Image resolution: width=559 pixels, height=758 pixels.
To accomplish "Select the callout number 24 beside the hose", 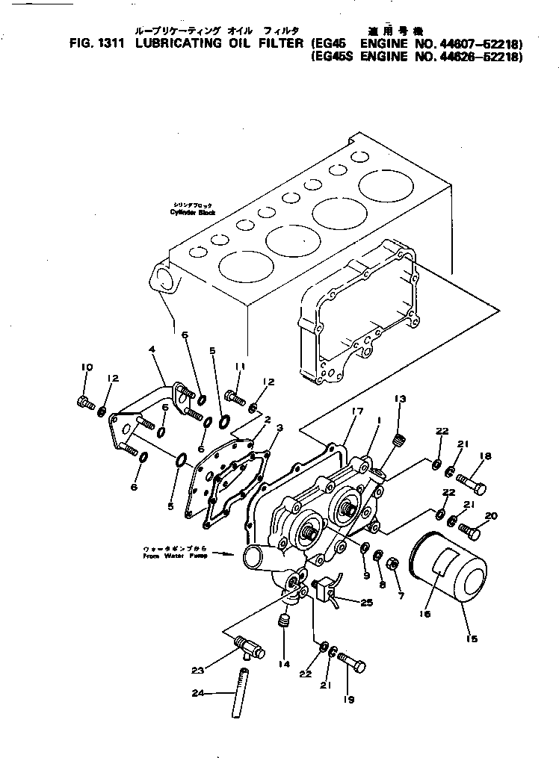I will click(x=197, y=693).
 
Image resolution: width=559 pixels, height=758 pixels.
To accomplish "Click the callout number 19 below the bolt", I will click(x=349, y=699).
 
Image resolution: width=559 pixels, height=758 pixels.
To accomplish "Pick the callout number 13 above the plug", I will click(x=400, y=399).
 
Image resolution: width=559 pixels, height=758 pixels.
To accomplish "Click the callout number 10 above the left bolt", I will click(x=86, y=367).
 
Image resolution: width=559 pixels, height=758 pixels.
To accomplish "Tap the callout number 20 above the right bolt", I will click(x=491, y=515).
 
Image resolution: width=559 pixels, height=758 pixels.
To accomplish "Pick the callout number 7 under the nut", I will click(x=401, y=595).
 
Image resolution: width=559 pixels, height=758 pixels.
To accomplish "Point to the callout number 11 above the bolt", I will click(x=240, y=366).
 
